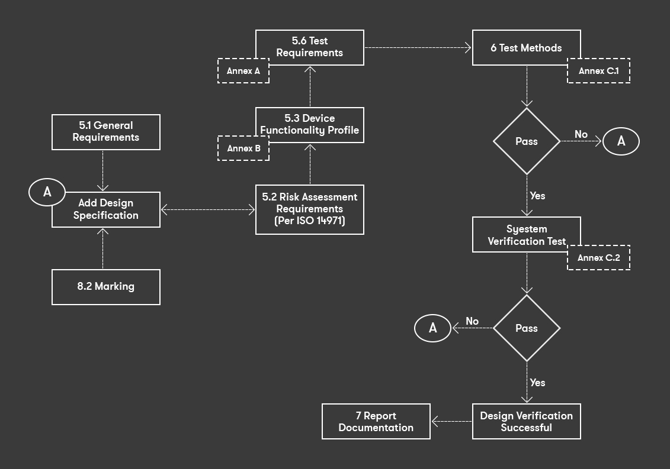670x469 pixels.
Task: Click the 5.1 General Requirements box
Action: (x=105, y=132)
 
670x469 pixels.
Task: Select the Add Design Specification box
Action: (x=106, y=209)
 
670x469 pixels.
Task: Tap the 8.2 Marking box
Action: (x=105, y=287)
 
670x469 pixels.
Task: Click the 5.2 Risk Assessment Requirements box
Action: (x=309, y=209)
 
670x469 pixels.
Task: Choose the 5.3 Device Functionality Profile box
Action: (x=309, y=124)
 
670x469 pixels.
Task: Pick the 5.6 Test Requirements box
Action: (x=309, y=47)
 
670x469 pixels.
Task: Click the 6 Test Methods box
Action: (x=526, y=48)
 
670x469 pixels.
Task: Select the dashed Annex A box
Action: (x=243, y=72)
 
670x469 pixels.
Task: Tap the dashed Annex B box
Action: (x=243, y=149)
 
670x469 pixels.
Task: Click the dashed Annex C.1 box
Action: (x=598, y=72)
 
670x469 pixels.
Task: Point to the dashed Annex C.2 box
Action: (x=598, y=258)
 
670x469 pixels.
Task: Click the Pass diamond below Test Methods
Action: (x=527, y=141)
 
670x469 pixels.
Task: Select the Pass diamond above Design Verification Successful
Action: (x=527, y=328)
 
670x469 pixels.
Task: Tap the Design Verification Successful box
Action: (x=526, y=421)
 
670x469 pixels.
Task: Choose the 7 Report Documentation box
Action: (x=376, y=421)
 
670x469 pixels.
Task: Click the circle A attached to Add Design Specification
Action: (x=47, y=192)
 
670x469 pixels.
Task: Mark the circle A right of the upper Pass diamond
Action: (x=621, y=141)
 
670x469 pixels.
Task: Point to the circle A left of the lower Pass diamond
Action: (x=432, y=328)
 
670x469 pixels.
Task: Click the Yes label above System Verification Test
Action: (x=537, y=196)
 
